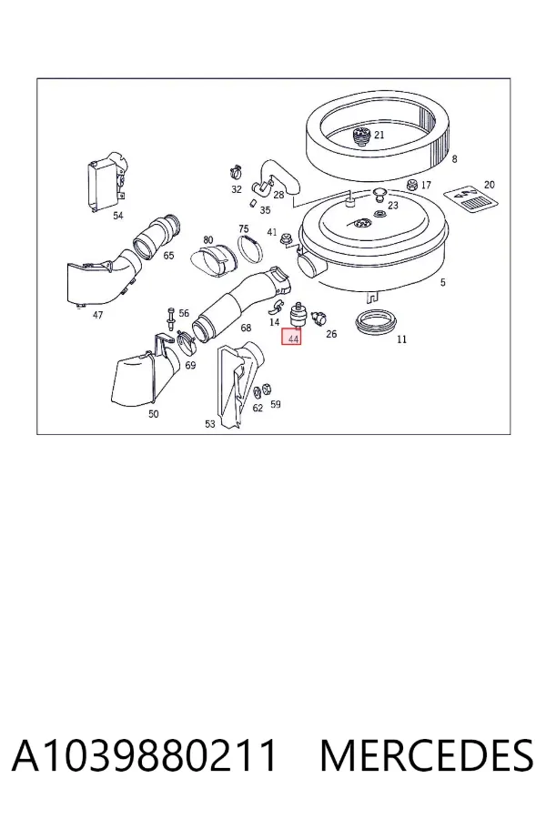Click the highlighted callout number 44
(291, 338)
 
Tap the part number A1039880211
(144, 756)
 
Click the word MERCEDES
(427, 756)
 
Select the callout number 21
(379, 135)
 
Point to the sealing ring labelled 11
(375, 323)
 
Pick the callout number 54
(118, 215)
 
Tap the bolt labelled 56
(171, 318)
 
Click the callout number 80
(208, 239)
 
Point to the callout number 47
(97, 315)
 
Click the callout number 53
(210, 423)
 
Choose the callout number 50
(153, 414)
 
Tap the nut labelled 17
(411, 185)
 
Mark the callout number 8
(454, 158)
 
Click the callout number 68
(246, 328)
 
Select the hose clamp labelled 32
(235, 171)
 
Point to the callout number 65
(168, 256)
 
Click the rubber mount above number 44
(297, 315)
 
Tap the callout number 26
(331, 334)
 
